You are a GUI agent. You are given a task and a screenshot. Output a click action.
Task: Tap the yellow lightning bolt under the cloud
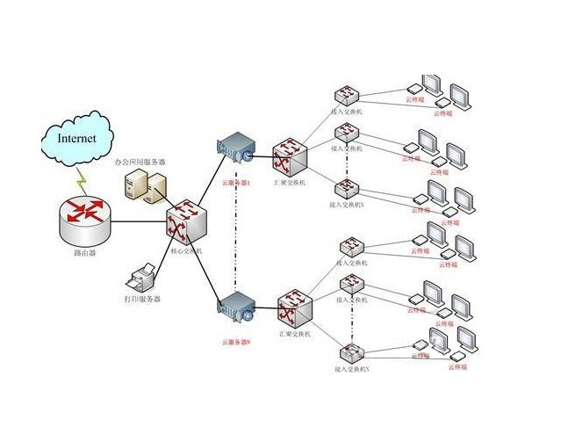83,180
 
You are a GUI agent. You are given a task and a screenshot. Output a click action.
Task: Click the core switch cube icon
186,221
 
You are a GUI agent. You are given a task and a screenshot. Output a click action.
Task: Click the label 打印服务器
144,300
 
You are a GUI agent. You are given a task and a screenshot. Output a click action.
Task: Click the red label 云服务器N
236,342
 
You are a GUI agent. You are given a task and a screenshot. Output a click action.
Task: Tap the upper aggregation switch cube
289,156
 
